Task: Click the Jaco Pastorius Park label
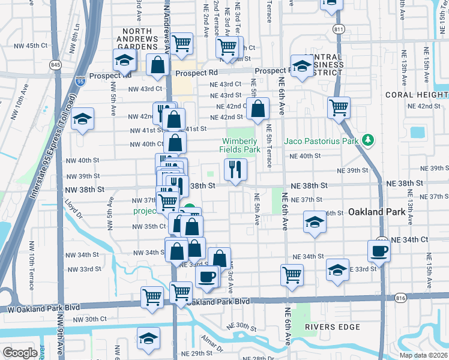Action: (321, 141)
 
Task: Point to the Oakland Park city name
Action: (379, 212)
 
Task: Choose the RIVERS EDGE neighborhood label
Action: (332, 327)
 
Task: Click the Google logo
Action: (19, 352)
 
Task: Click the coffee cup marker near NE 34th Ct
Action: (379, 251)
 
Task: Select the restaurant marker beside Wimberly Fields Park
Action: (235, 169)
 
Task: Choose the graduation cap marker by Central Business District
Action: (301, 65)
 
